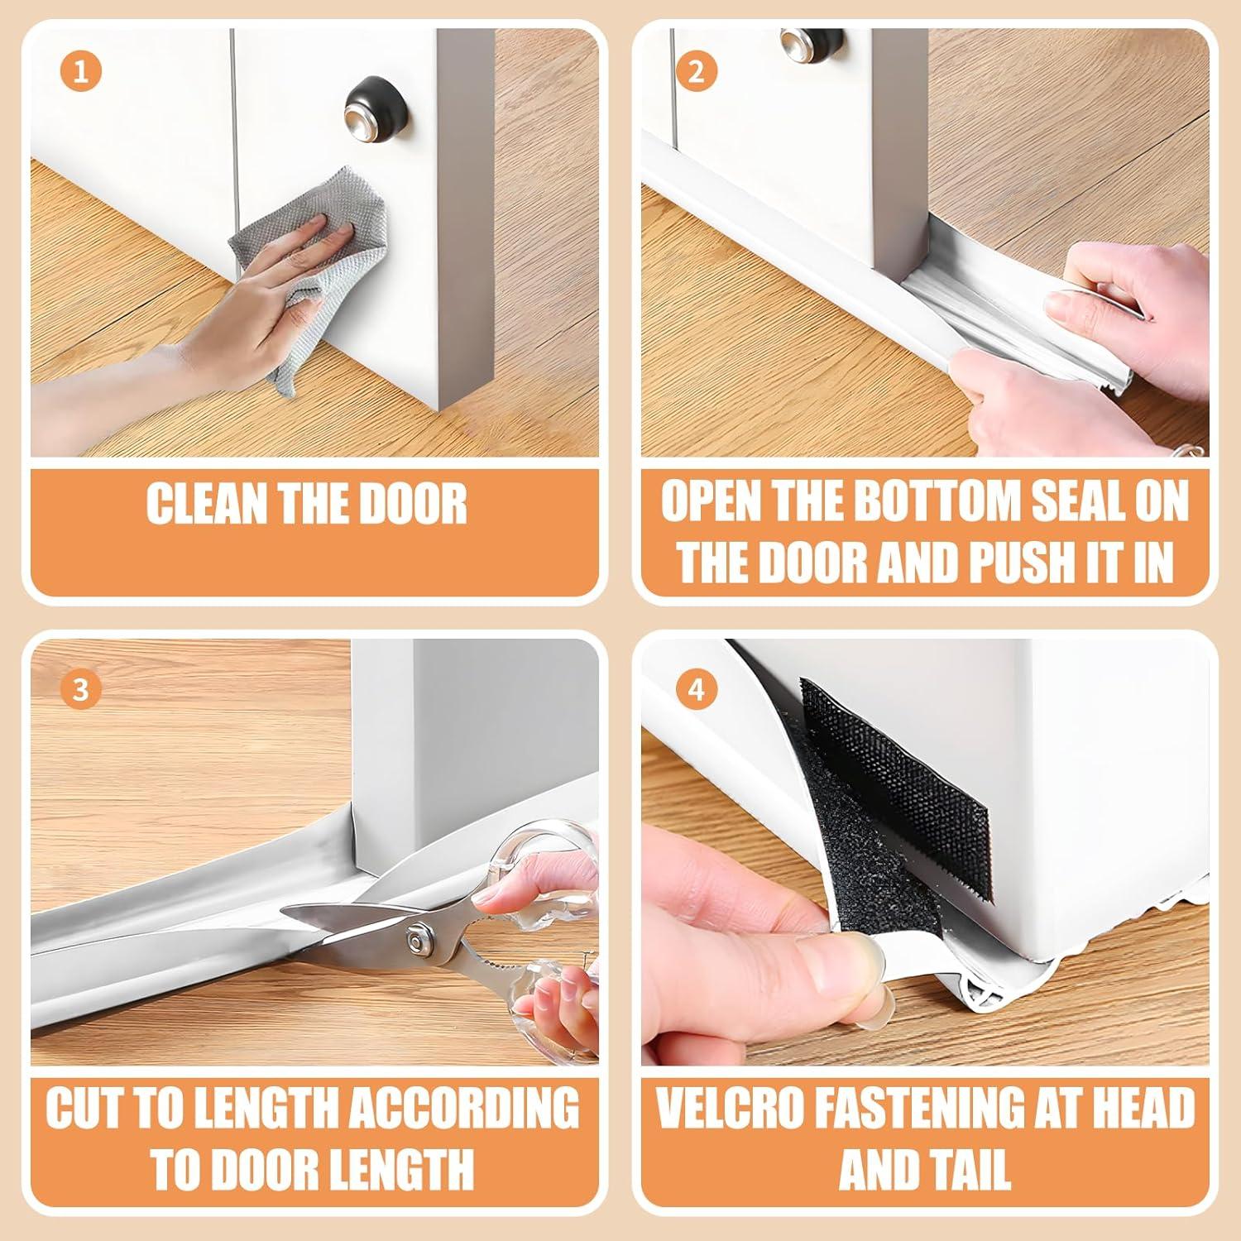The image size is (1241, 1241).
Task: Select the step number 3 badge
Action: tap(80, 688)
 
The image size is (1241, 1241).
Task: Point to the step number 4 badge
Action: tap(697, 688)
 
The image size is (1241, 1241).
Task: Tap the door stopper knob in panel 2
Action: tap(799, 41)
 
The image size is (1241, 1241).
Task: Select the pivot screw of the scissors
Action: tap(416, 942)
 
